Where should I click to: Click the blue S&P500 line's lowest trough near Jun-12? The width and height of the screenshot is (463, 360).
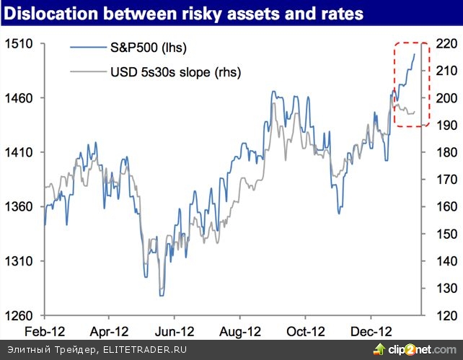pyautogui.click(x=161, y=295)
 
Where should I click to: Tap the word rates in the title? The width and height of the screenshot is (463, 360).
pyautogui.click(x=343, y=14)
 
